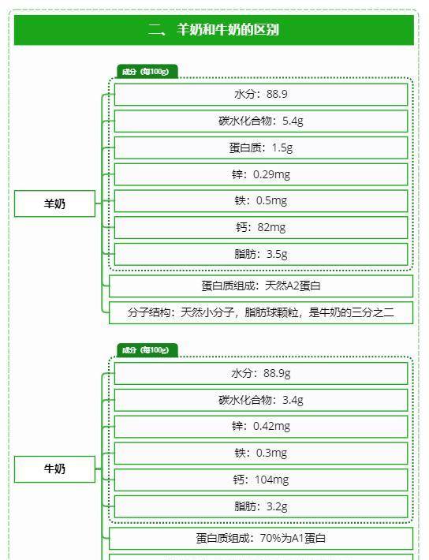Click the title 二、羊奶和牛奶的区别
pos(214,29)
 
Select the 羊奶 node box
pos(54,203)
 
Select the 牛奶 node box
pos(54,469)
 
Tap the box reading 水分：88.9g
pos(261,374)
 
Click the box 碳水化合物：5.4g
pos(261,121)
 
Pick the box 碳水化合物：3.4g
pos(261,400)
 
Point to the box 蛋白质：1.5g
pos(261,147)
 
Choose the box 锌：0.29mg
pos(261,174)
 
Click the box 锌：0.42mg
pos(261,427)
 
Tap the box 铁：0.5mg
pos(261,201)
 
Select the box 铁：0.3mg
pos(261,454)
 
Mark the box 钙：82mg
pos(261,227)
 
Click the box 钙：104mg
pos(261,480)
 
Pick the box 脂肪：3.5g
pos(261,254)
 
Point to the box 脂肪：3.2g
pos(261,506)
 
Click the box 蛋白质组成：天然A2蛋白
pos(261,286)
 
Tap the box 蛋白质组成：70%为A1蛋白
pos(261,538)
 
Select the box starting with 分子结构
pos(261,313)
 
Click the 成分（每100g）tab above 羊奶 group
pos(147,72)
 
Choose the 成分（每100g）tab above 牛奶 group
pos(147,350)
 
